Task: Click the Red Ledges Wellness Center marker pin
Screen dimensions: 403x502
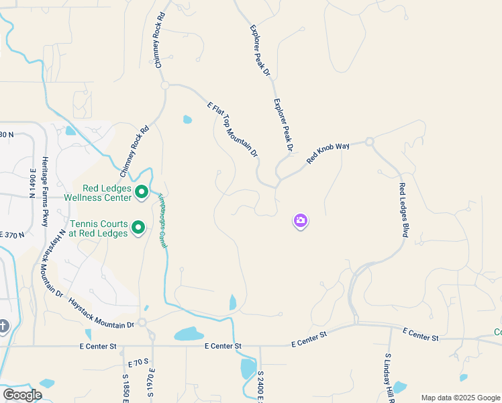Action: point(142,193)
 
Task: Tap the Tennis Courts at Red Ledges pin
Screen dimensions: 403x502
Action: point(138,228)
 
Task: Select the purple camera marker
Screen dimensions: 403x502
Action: point(301,220)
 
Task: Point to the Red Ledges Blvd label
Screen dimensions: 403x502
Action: point(403,210)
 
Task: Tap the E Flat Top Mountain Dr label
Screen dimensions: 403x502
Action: point(233,130)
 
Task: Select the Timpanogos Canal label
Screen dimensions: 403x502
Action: point(162,221)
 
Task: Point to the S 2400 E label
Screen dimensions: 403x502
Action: point(260,384)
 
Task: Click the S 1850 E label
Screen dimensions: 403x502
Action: point(125,388)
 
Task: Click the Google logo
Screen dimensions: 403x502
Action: point(22,395)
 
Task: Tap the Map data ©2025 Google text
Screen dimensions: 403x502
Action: point(460,398)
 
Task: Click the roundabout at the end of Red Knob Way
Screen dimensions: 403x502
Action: point(369,142)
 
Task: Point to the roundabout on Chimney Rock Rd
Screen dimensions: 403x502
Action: point(164,85)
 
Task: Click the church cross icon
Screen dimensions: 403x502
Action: point(3,327)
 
